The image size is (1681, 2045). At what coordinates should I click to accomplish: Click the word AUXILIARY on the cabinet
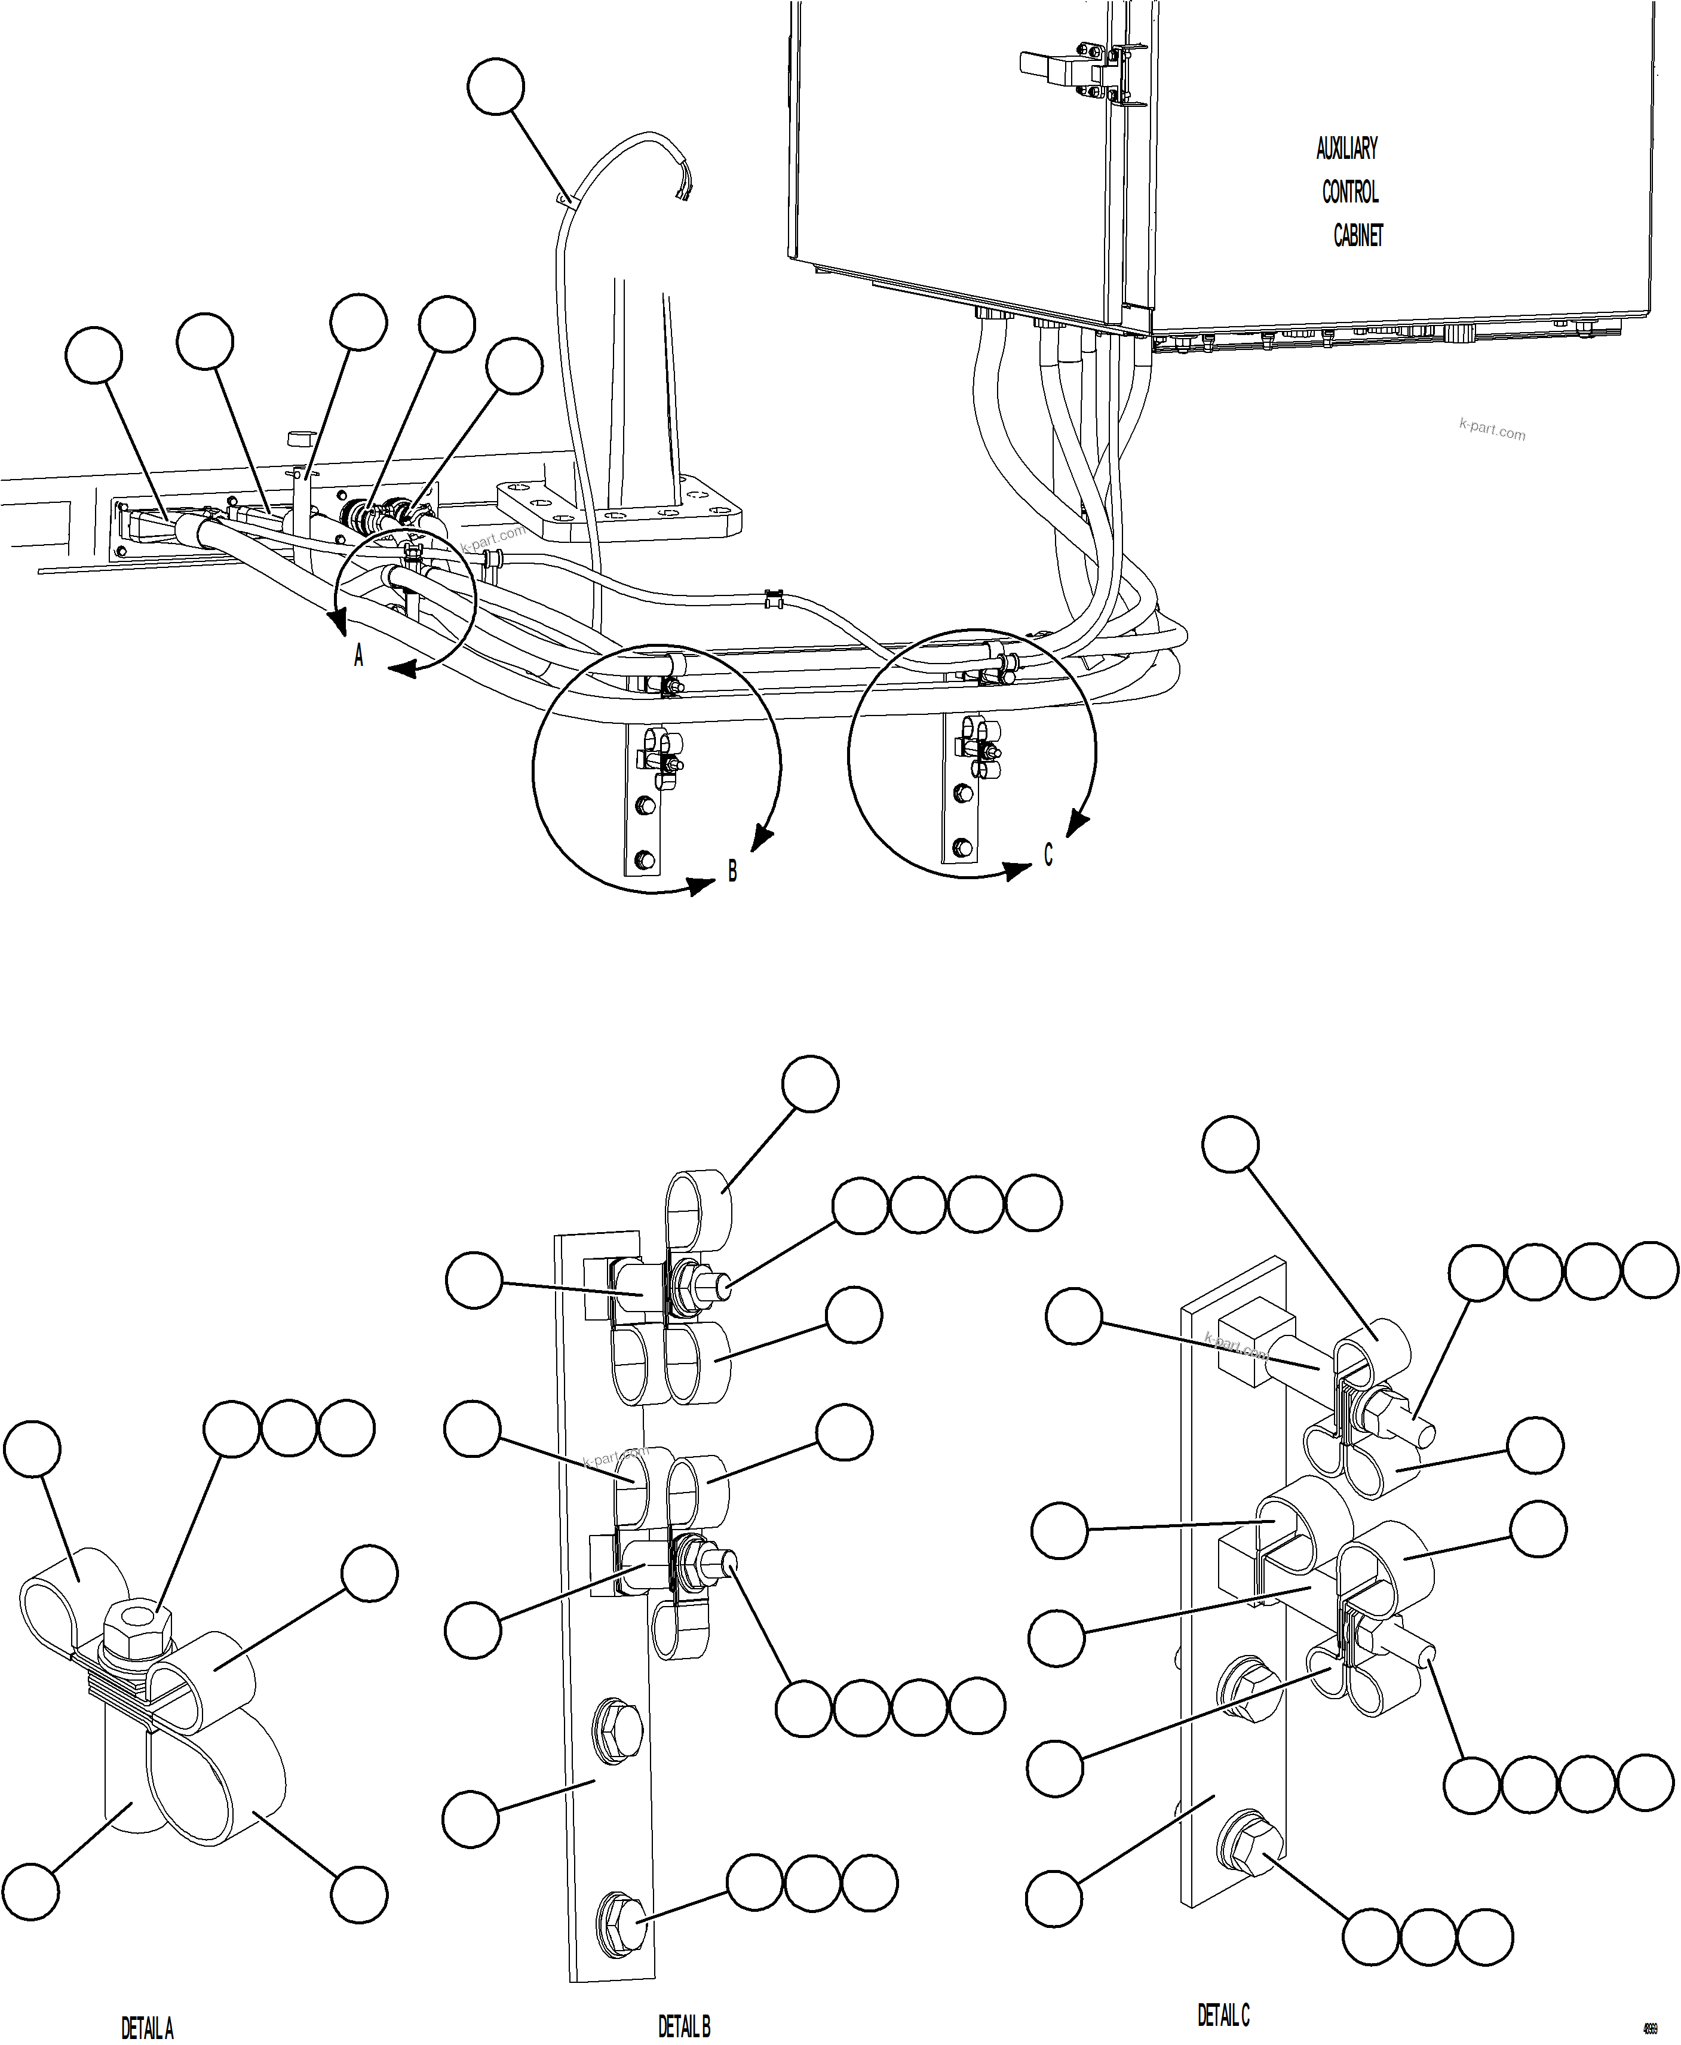(1346, 148)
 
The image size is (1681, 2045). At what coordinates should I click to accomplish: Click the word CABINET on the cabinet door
(1358, 235)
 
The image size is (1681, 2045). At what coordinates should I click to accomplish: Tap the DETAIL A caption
(147, 2026)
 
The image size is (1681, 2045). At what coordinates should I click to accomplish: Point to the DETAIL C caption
(1223, 2015)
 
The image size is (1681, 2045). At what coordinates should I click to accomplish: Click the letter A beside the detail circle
(358, 656)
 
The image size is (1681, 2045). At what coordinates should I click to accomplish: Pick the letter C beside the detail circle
(1048, 855)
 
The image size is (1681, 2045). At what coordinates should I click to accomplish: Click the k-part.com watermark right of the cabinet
(1491, 429)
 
